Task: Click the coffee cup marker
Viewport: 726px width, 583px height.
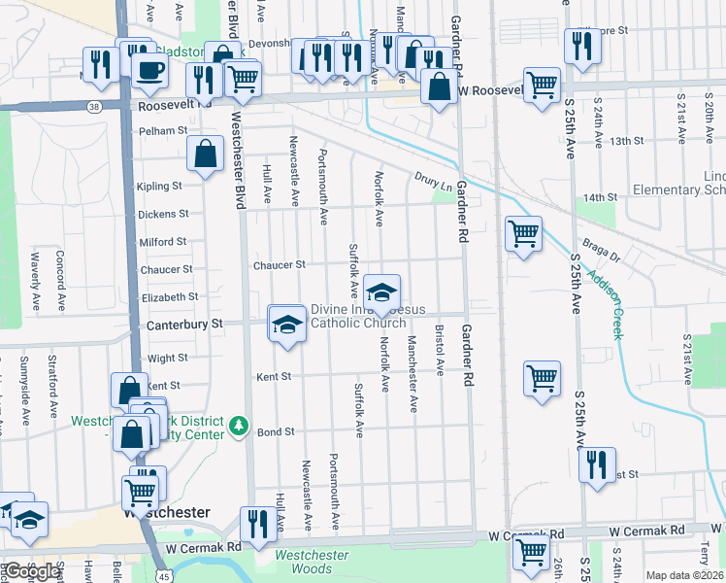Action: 150,70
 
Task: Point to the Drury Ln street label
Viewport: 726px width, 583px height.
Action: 433,180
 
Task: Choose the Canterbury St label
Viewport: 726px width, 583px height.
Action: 184,323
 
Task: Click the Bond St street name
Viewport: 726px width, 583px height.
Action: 275,430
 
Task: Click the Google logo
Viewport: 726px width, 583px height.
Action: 32,570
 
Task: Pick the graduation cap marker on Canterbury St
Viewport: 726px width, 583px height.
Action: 286,323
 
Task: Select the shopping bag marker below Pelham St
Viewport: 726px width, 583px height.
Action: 206,154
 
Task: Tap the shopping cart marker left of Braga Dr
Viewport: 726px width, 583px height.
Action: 522,233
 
